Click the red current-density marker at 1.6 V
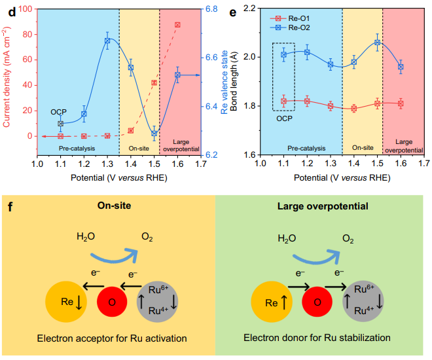coord(177,25)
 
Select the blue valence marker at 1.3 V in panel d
coord(107,41)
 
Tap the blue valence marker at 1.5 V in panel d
coord(154,133)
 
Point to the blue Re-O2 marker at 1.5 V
coord(377,43)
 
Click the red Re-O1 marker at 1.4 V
coord(354,109)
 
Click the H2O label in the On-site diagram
coord(88,237)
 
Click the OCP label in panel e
coord(283,118)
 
